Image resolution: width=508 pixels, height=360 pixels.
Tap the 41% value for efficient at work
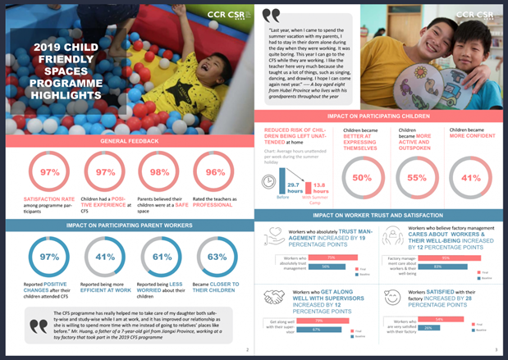coord(105,257)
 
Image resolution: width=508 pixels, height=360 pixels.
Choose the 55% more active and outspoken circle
coord(416,177)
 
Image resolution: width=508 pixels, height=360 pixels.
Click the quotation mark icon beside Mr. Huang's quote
coord(36,326)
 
